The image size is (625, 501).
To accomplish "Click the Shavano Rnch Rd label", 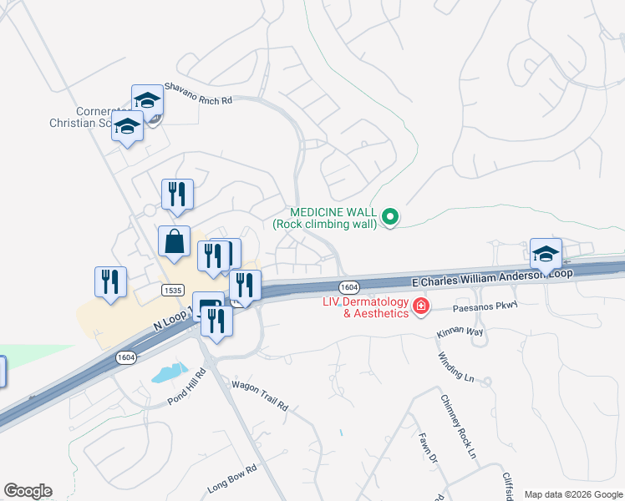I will click(x=197, y=92).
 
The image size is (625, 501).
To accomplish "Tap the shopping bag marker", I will click(x=175, y=241).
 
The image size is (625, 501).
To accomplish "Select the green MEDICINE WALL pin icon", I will click(x=389, y=218).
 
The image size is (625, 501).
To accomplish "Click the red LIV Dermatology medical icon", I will click(x=421, y=307).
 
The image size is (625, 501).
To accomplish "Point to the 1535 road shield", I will click(x=173, y=290).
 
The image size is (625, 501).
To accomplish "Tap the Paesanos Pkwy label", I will click(x=485, y=307).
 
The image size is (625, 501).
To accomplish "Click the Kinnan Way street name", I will click(x=460, y=331).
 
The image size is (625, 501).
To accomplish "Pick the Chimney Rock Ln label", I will click(x=458, y=427).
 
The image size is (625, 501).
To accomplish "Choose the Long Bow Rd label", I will click(x=229, y=480).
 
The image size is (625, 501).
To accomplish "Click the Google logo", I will click(x=28, y=491).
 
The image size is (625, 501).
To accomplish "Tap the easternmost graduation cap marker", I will click(x=546, y=253).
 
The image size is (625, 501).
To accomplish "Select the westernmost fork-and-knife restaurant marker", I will click(x=110, y=281).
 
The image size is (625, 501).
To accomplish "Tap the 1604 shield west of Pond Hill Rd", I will click(x=125, y=357).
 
